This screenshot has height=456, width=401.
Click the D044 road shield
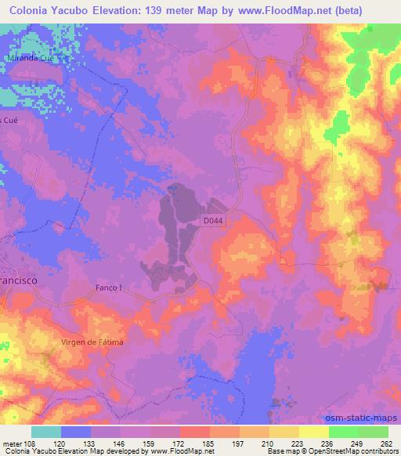tap(215, 222)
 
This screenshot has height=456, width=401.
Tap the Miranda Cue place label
tap(27, 59)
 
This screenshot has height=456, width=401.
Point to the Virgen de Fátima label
tap(92, 343)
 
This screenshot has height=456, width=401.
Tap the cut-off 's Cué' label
tap(9, 120)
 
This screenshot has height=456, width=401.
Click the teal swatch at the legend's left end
tap(45, 432)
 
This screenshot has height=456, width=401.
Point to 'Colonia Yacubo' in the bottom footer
tap(27, 451)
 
